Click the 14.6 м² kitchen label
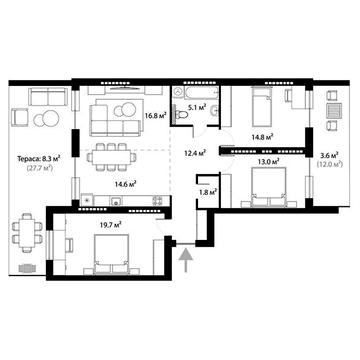point(125,183)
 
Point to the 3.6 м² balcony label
point(329,155)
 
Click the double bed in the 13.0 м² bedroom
point(268,184)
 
